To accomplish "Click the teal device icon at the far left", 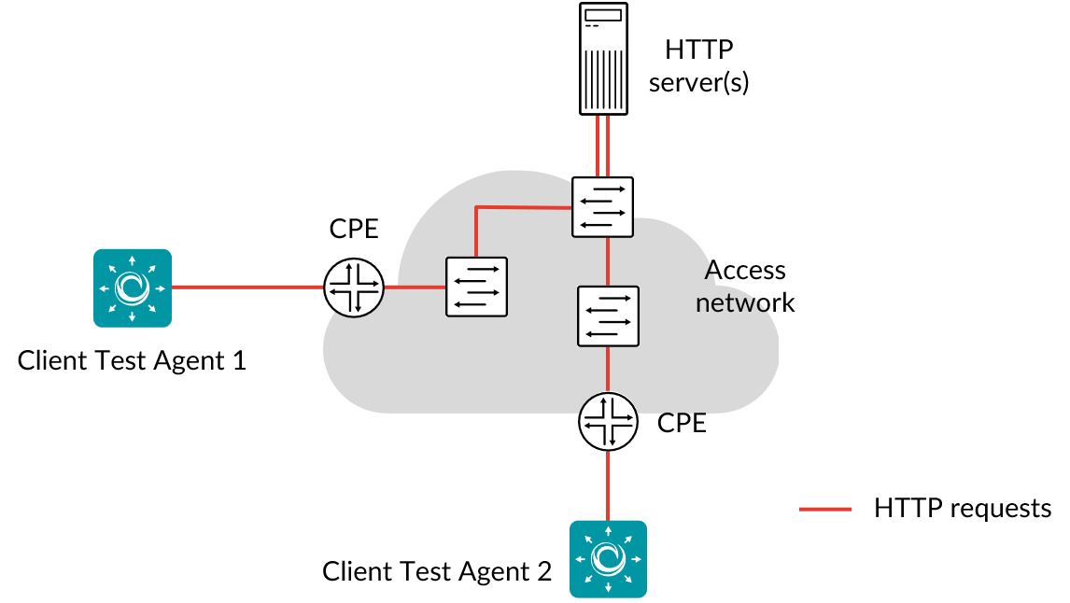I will tap(133, 287).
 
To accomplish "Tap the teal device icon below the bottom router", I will tap(608, 558).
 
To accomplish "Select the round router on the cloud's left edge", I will tap(354, 287).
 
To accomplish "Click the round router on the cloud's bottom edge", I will tap(608, 421).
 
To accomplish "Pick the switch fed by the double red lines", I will tap(602, 206).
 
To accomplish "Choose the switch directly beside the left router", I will tap(476, 287).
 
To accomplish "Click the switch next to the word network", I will tap(608, 316).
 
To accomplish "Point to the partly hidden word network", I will tap(733, 303).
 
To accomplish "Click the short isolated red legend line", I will tap(825, 509).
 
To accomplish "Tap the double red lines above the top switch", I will tap(602, 145).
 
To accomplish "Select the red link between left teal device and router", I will tap(247, 287).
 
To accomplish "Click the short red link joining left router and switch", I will tap(415, 287).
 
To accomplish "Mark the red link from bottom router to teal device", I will tap(608, 485).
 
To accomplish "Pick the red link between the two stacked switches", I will tap(608, 261).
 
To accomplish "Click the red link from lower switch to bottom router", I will tap(608, 369).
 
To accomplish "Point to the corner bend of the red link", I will tap(476, 207).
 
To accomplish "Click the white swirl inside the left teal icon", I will tap(133, 287).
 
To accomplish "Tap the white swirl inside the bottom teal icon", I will tap(608, 558).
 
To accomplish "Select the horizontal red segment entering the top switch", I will tap(523, 207).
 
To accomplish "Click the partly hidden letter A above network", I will tap(711, 273).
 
